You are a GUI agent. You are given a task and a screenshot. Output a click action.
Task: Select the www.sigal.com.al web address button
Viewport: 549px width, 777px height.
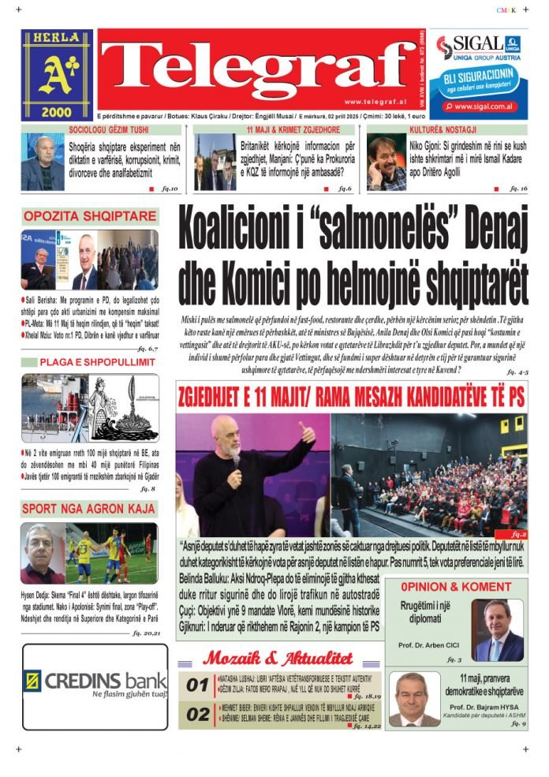click(x=484, y=105)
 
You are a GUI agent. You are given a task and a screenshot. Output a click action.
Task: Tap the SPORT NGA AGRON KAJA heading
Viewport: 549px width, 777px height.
click(x=89, y=509)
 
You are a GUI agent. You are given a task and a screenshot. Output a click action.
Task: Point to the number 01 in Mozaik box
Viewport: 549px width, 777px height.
click(x=197, y=685)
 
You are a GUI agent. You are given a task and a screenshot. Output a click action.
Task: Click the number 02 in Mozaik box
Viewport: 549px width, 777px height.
click(x=197, y=715)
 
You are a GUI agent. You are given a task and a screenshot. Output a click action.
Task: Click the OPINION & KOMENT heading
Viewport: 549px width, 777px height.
click(x=455, y=587)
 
